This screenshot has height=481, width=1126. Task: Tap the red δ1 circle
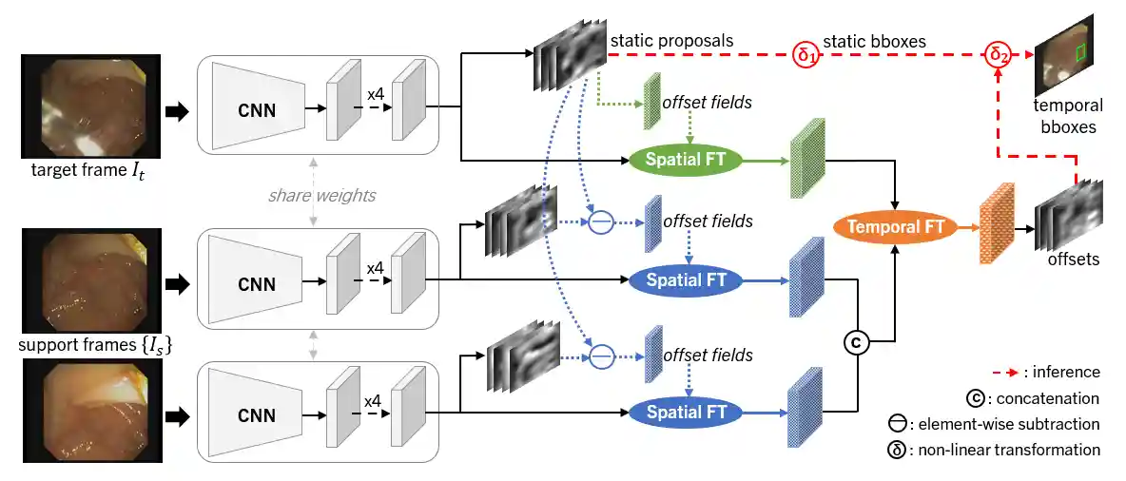(x=806, y=55)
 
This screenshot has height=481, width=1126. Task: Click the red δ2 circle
(x=996, y=54)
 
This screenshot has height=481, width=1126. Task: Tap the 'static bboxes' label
(x=874, y=41)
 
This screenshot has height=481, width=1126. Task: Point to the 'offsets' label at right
(x=1073, y=259)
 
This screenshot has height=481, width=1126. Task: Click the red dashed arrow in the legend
(x=1011, y=373)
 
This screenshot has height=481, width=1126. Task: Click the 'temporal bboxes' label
(x=1070, y=115)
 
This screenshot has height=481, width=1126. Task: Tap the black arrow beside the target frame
(x=177, y=112)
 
